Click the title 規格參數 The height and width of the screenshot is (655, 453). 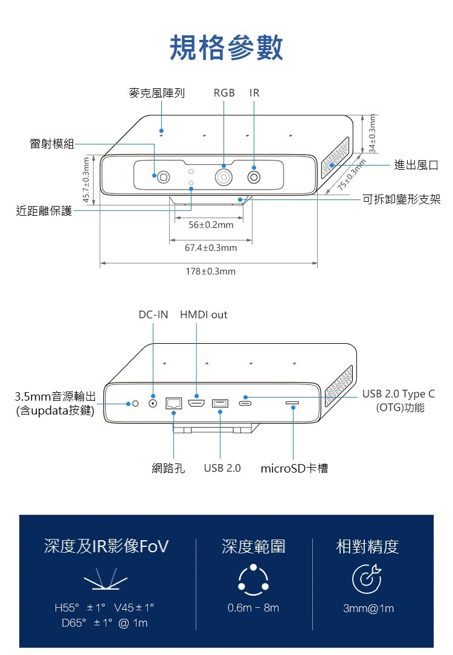pyautogui.click(x=226, y=48)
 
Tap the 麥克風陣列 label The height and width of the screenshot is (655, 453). pyautogui.click(x=157, y=93)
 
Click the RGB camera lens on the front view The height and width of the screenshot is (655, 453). pyautogui.click(x=224, y=177)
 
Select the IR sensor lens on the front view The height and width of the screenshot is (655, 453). pyautogui.click(x=254, y=177)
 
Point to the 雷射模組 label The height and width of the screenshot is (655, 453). pyautogui.click(x=52, y=144)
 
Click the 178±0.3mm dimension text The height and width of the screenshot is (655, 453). pyautogui.click(x=210, y=272)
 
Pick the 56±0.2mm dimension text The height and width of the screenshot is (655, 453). pyautogui.click(x=211, y=225)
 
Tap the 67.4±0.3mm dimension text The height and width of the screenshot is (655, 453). pyautogui.click(x=211, y=248)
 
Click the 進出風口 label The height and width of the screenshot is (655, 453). pyautogui.click(x=416, y=165)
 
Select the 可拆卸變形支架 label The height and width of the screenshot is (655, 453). pyautogui.click(x=401, y=199)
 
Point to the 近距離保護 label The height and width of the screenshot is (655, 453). pyautogui.click(x=43, y=211)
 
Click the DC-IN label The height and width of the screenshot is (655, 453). pyautogui.click(x=153, y=315)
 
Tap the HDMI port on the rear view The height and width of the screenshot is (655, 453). pyautogui.click(x=196, y=403)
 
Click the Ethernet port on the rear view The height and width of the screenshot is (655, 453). pyautogui.click(x=174, y=403)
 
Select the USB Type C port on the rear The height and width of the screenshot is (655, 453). pyautogui.click(x=246, y=403)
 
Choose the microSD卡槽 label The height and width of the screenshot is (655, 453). pyautogui.click(x=294, y=468)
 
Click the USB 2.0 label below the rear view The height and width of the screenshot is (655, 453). pyautogui.click(x=222, y=468)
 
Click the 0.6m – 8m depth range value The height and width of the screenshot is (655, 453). pyautogui.click(x=253, y=608)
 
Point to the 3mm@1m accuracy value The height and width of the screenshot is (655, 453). pyautogui.click(x=368, y=608)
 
